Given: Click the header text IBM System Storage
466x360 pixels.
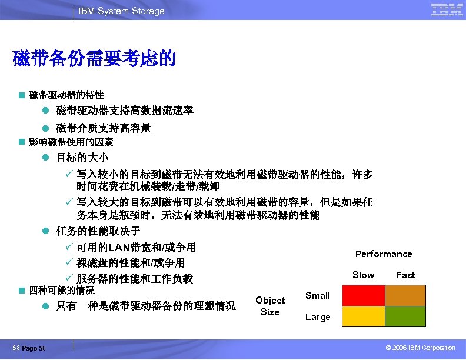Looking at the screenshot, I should coord(122,11).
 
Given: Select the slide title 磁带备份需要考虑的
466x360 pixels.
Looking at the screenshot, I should coord(94,59).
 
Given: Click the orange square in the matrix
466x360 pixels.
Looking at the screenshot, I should coord(405,296).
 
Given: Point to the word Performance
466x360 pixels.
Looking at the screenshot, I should coord(384,254).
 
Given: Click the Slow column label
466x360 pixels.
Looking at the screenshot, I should coord(363,275).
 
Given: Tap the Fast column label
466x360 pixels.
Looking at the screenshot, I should coord(405,275).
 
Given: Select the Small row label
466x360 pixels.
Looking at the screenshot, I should coord(318,296).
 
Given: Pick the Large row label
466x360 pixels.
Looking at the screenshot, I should coord(318,317).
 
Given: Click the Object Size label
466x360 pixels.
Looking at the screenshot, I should coord(270,306).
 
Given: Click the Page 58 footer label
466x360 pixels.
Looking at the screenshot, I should coord(37,348).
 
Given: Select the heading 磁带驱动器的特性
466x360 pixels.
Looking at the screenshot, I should coord(66,95).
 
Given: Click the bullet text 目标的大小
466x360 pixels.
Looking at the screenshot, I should coord(82,158).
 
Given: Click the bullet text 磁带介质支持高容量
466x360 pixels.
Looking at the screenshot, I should coord(104,128).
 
